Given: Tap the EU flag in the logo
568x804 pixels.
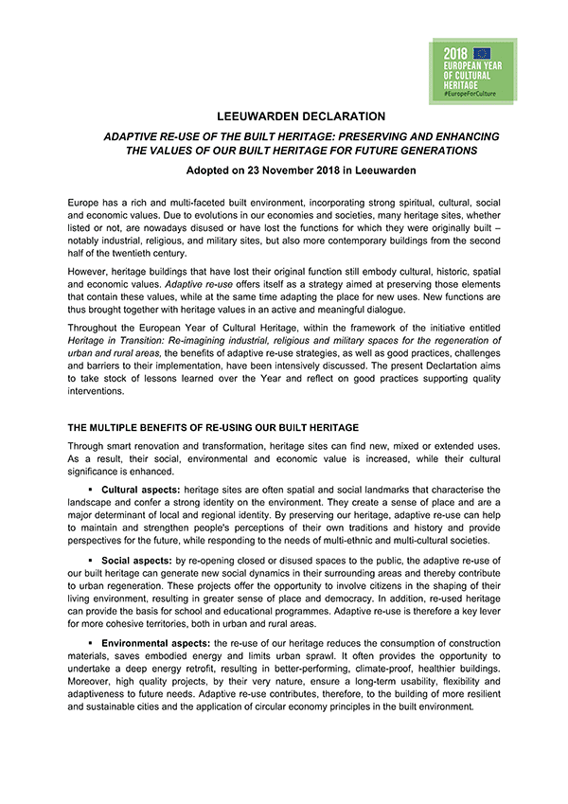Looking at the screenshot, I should click(483, 53).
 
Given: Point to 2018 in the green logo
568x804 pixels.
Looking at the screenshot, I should click(456, 53).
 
